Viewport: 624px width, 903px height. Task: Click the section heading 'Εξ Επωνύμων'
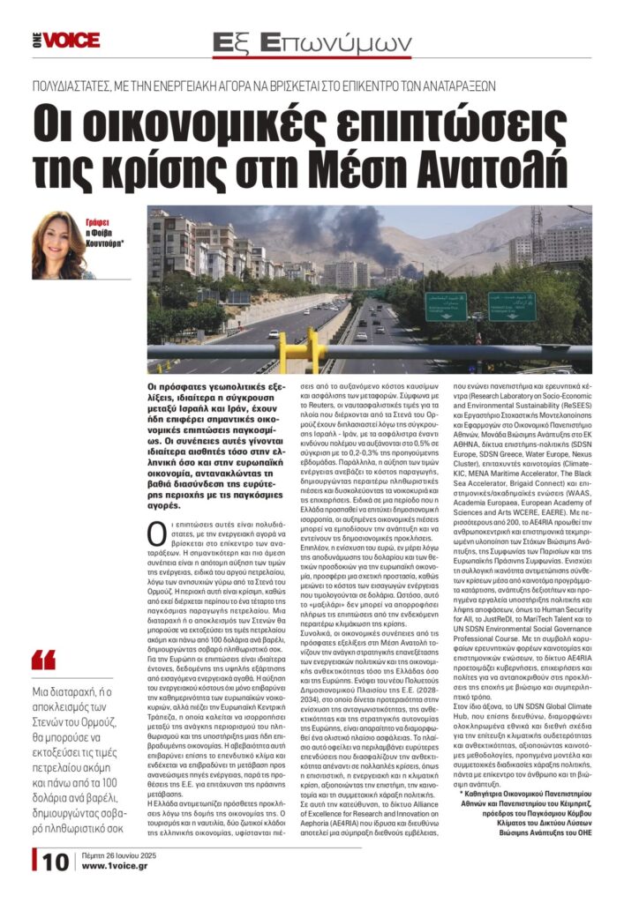point(313,42)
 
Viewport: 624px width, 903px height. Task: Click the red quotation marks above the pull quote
point(42,659)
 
